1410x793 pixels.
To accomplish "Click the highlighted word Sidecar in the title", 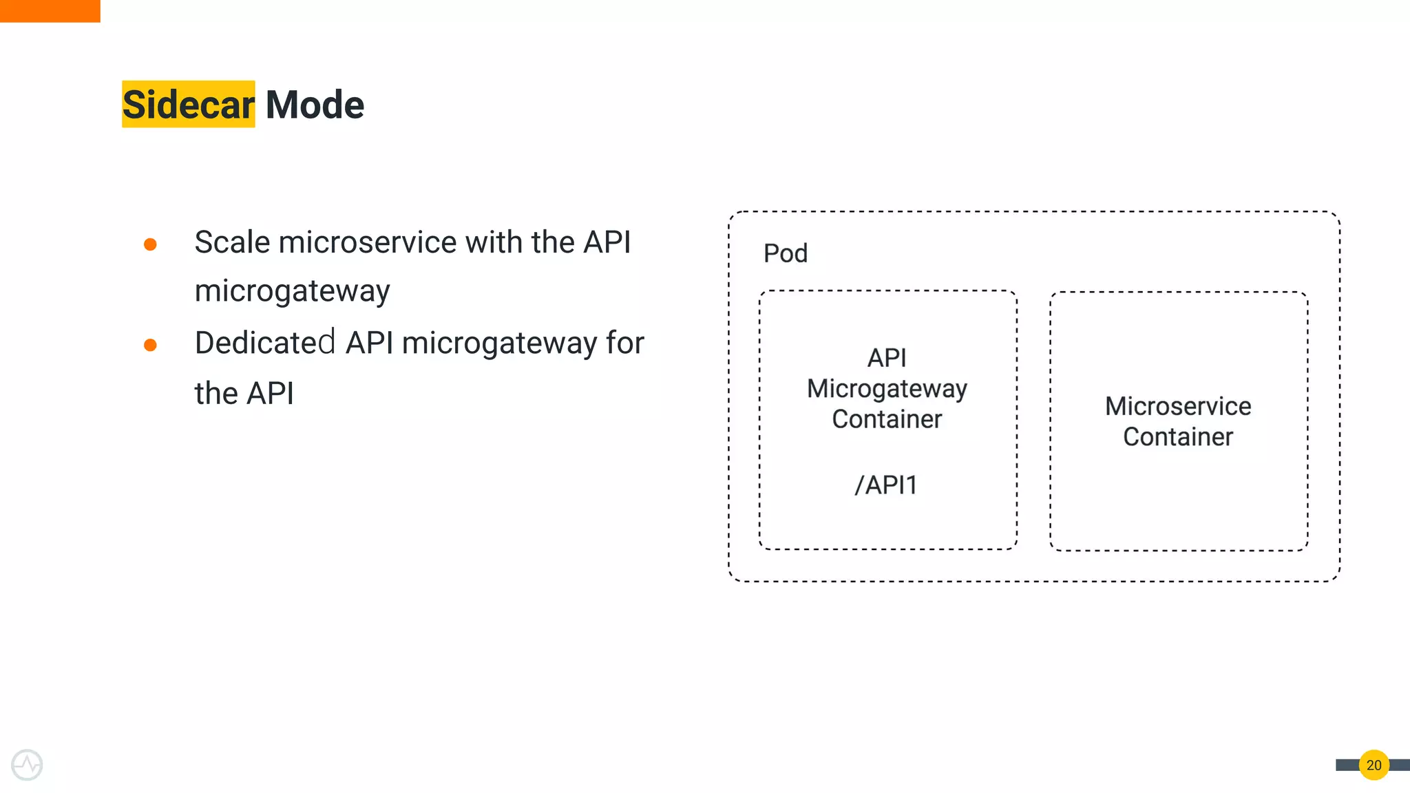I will point(188,105).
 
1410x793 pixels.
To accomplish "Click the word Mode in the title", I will point(315,105).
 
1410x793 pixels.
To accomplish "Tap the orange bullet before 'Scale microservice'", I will point(150,244).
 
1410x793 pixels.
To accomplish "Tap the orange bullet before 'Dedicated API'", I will point(150,345).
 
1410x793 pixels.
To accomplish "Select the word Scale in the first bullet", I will point(232,242).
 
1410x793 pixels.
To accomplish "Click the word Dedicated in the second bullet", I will point(265,343).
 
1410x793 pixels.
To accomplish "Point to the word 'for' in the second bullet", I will point(625,343).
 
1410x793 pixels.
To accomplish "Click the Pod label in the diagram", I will point(785,253).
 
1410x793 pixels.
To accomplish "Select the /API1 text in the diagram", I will point(886,485).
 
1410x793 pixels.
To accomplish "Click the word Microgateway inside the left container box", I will point(887,389).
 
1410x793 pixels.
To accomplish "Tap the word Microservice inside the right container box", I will point(1178,406).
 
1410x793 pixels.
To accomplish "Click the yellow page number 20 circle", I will point(1374,765).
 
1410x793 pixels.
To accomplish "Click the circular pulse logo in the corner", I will point(28,765).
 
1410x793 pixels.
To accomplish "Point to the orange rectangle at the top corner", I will point(50,11).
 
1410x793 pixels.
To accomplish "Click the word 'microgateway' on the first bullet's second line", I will point(292,291).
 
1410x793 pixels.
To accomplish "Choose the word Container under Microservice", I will point(1178,437).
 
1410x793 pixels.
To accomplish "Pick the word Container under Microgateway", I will point(887,419).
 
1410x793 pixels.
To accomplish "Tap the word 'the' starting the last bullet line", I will point(215,394).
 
